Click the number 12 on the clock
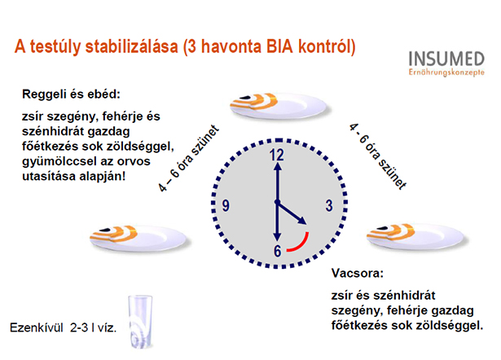click(277, 155)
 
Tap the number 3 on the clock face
click(329, 205)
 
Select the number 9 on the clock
click(226, 205)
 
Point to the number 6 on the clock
click(277, 251)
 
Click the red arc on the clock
click(302, 244)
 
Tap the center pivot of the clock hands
click(277, 202)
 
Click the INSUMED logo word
click(446, 59)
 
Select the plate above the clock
click(278, 106)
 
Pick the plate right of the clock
click(415, 236)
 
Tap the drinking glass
click(140, 322)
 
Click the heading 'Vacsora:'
click(358, 273)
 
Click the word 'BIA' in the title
click(279, 46)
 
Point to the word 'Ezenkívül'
click(37, 327)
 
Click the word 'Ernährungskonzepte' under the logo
click(446, 72)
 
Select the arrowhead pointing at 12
click(278, 166)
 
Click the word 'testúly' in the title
click(55, 47)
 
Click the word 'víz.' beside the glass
click(107, 327)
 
